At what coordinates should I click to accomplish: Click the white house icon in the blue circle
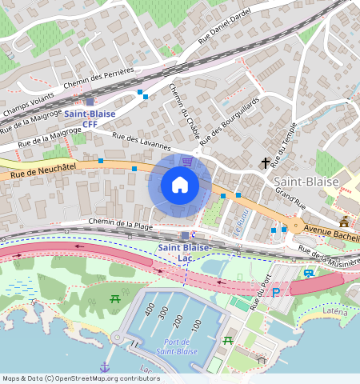(180, 186)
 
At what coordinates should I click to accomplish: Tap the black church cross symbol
(266, 163)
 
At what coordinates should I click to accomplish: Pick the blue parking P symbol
(277, 292)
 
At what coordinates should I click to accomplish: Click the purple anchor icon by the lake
(104, 366)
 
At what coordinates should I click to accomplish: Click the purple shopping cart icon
(186, 162)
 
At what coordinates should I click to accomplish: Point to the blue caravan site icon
(308, 274)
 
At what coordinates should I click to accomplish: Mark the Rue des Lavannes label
(142, 142)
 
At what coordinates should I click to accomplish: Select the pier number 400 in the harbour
(149, 310)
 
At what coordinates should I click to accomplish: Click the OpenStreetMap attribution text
(81, 378)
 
